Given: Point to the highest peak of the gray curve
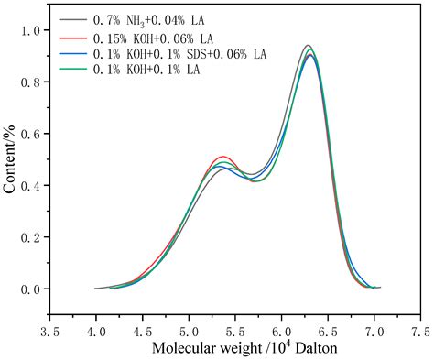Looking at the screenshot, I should tap(309, 46).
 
